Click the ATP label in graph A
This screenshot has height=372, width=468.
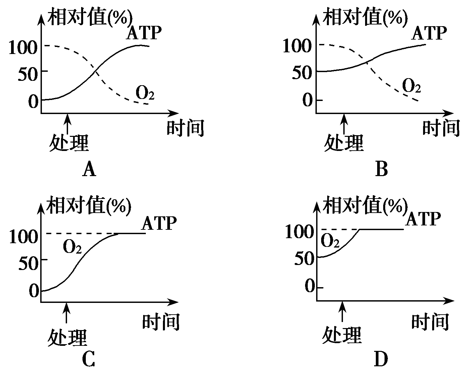click(x=144, y=33)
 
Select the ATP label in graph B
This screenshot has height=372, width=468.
click(x=429, y=33)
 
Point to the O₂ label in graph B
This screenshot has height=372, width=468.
click(x=411, y=86)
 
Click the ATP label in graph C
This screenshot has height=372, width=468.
click(x=159, y=223)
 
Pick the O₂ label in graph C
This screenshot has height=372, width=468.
click(x=72, y=247)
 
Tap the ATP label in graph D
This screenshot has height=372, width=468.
click(x=422, y=219)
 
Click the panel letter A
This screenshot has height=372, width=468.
click(x=89, y=169)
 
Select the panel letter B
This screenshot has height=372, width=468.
click(x=382, y=169)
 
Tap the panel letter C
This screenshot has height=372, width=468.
click(x=89, y=360)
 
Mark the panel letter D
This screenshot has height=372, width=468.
click(x=381, y=360)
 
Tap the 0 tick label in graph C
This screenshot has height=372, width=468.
click(x=34, y=290)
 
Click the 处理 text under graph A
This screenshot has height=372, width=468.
click(x=69, y=143)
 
